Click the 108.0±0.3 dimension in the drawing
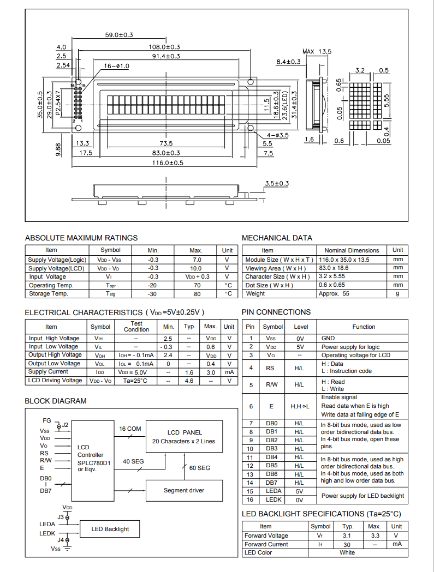(164, 47)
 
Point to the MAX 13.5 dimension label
(317, 51)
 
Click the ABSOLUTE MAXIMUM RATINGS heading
(81, 238)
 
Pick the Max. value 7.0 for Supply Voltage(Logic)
(197, 260)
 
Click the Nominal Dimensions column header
(352, 250)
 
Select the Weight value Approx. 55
(334, 294)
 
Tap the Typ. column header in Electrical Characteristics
(189, 327)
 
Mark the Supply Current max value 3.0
(210, 372)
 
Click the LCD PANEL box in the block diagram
(184, 437)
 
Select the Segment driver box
(184, 490)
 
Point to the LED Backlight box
(110, 529)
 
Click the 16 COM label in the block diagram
(130, 429)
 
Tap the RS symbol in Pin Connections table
(270, 368)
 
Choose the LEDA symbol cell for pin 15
(273, 491)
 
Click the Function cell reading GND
(328, 338)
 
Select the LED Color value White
(347, 552)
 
